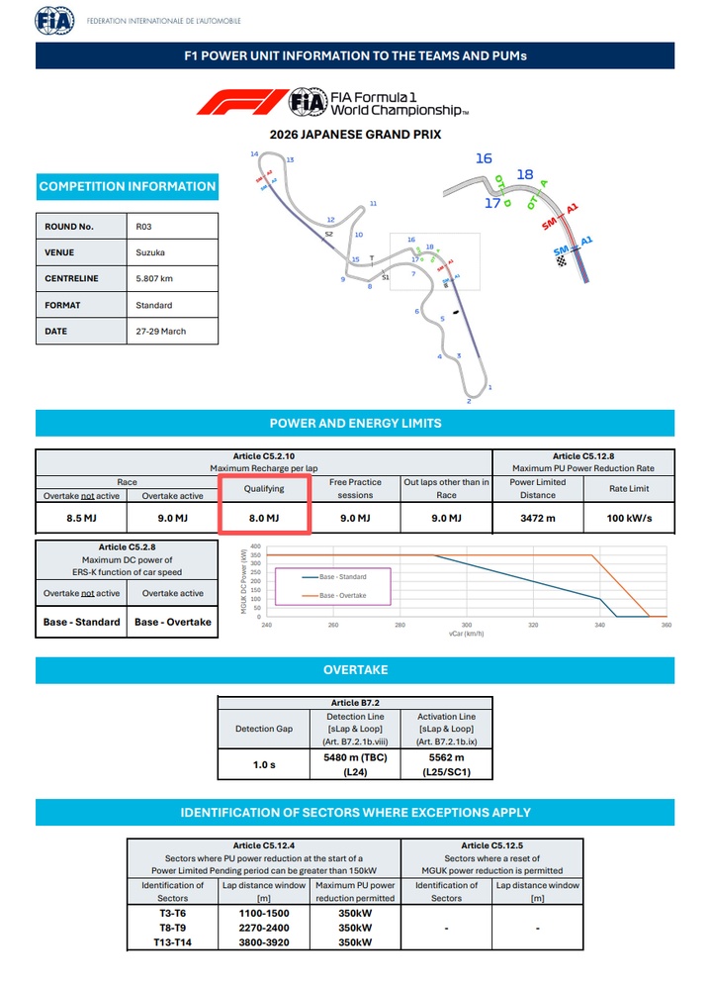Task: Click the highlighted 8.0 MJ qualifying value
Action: pyautogui.click(x=263, y=518)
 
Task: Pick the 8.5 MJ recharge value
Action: pyautogui.click(x=81, y=518)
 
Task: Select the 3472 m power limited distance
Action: pyautogui.click(x=538, y=518)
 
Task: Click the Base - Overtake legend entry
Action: pyautogui.click(x=341, y=595)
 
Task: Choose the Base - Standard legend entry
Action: pyautogui.click(x=341, y=576)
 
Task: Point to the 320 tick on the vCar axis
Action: pyautogui.click(x=534, y=626)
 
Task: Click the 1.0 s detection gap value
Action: pyautogui.click(x=263, y=764)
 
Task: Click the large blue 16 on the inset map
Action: pyautogui.click(x=484, y=158)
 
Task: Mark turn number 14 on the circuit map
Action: pyautogui.click(x=254, y=154)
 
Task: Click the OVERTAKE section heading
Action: pyautogui.click(x=356, y=670)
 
